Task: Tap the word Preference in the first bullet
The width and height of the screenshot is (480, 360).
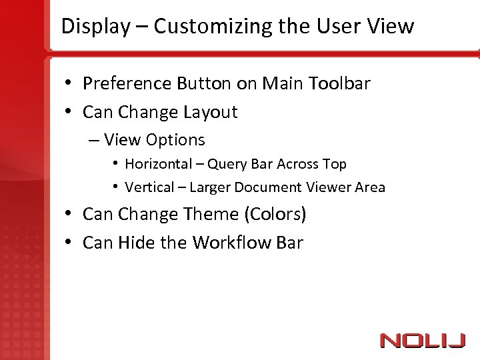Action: (127, 84)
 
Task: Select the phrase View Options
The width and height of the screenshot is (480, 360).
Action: (154, 140)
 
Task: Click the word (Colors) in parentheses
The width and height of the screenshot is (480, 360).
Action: (275, 215)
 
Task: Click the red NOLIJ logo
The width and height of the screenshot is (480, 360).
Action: (422, 341)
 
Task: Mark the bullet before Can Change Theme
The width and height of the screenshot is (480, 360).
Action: (69, 215)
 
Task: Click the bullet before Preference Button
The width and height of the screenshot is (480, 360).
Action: (69, 84)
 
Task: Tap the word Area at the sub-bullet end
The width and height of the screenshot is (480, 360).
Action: (371, 187)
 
